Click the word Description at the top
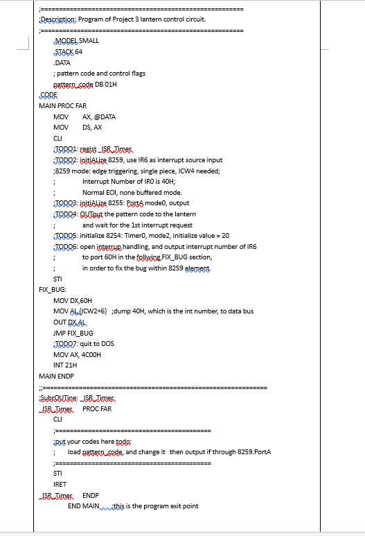57,19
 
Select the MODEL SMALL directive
76,41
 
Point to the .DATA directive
62,62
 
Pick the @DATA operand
100,116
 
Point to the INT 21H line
65,365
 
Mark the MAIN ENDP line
56,376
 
